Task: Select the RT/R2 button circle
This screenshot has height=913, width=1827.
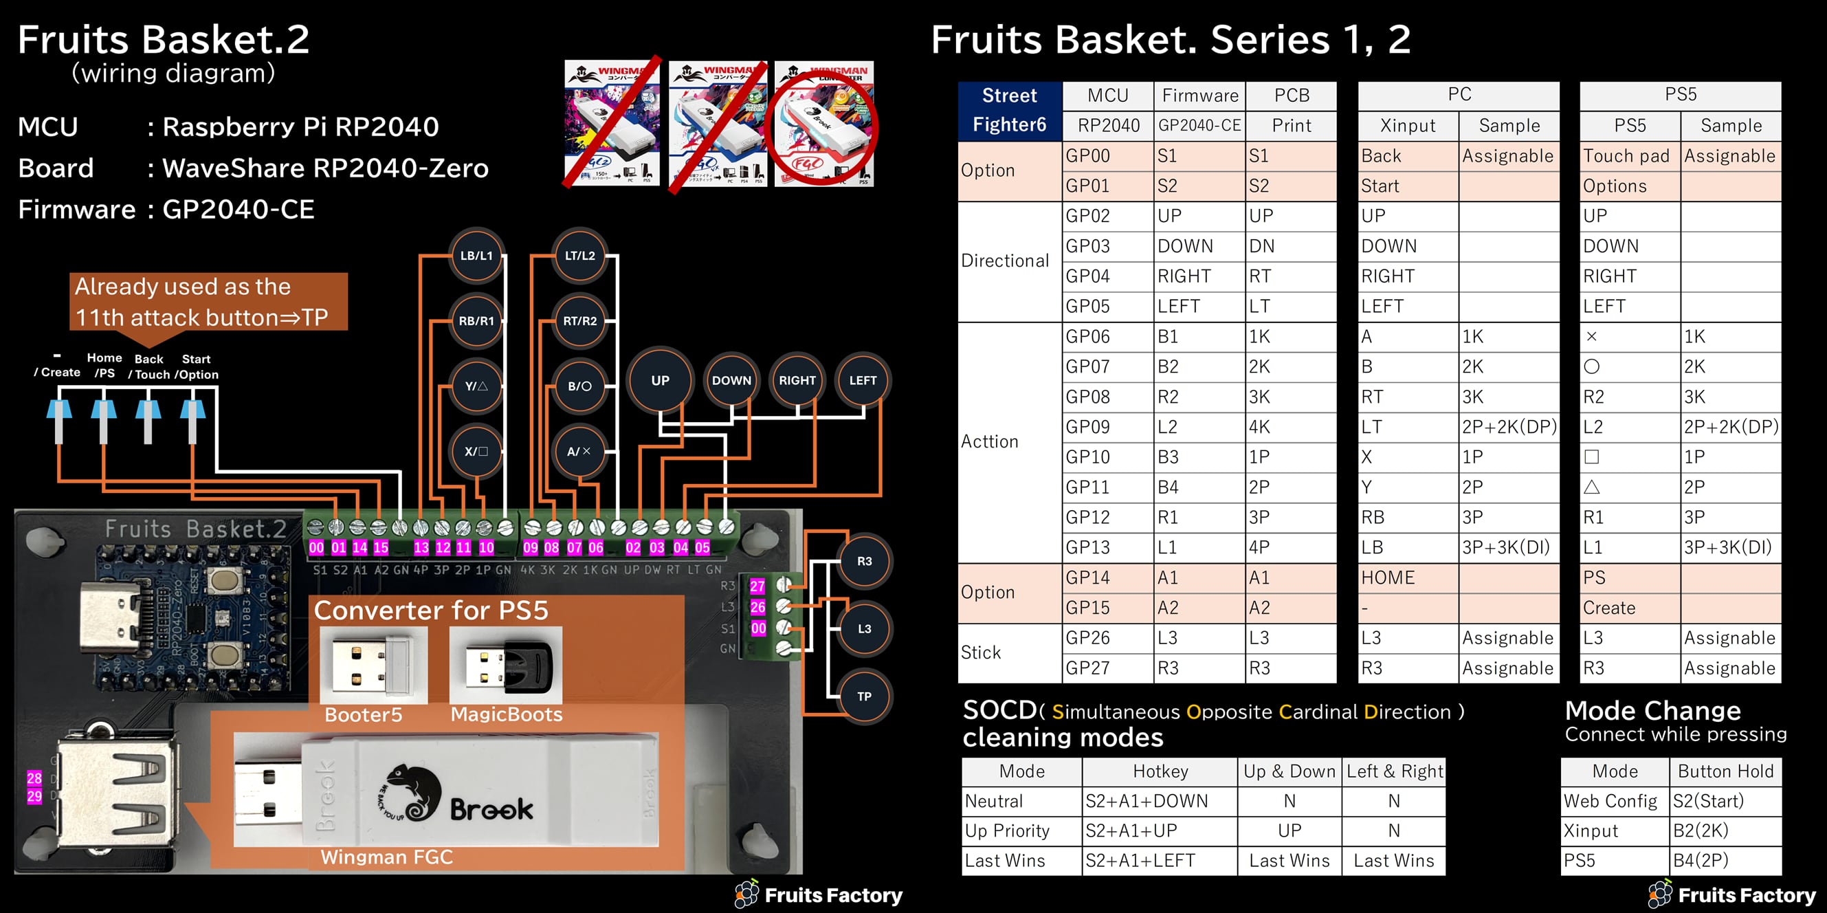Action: (579, 321)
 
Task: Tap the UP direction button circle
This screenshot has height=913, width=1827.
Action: (660, 380)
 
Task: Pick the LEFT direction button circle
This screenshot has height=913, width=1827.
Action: (863, 380)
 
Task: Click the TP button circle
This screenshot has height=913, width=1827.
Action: (864, 696)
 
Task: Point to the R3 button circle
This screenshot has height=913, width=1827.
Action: (864, 561)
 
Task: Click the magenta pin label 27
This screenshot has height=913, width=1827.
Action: (757, 586)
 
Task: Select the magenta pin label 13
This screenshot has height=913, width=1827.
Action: (421, 548)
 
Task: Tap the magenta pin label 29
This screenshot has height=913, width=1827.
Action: (34, 796)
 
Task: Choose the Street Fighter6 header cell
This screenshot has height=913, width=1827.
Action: (1009, 111)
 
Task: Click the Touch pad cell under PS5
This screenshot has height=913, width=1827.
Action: (1629, 156)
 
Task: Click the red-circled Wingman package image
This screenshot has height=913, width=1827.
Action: (824, 124)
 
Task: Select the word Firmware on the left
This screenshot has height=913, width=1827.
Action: (76, 210)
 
